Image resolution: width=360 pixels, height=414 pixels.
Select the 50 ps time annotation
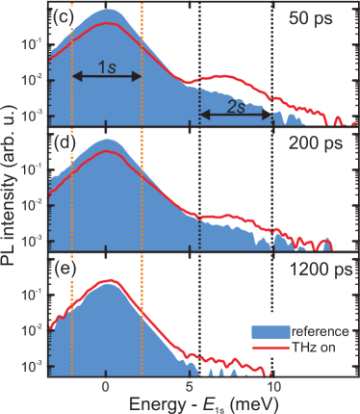(x=311, y=18)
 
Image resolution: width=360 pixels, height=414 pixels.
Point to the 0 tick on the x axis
(x=106, y=387)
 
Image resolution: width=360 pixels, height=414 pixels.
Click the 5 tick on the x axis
(x=189, y=387)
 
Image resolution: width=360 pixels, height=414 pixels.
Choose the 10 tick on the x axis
(x=271, y=387)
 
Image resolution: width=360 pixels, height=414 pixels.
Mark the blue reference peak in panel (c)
(x=108, y=10)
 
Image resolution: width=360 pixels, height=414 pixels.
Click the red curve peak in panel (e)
(x=108, y=280)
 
